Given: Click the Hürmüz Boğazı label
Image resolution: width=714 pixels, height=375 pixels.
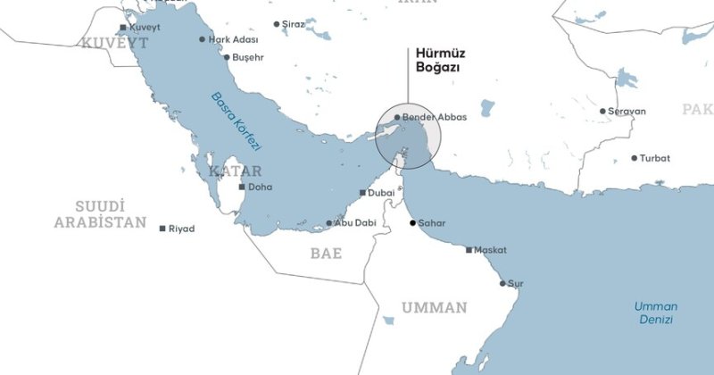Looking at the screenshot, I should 440,60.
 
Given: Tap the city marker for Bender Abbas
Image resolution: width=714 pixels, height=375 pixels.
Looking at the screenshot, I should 397,117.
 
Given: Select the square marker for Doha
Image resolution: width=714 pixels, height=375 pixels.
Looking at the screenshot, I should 242,187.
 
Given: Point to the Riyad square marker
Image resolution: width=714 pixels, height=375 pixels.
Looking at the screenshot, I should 162,229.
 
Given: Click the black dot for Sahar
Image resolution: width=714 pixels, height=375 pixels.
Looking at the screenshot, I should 412,222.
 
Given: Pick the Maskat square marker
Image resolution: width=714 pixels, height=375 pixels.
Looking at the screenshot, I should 469,250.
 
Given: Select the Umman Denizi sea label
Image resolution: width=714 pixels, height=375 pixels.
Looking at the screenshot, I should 655,312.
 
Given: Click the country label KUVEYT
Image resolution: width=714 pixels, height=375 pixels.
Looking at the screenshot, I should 112,43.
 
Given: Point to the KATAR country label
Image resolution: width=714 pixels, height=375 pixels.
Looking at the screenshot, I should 235,171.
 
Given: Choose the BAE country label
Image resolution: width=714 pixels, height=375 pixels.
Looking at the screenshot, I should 326,254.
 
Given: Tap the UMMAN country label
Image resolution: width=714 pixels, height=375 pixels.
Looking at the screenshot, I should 434,308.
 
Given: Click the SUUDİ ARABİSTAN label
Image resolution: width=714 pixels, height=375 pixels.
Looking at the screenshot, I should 99,214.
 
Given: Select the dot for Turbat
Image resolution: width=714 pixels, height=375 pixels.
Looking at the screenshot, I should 635,158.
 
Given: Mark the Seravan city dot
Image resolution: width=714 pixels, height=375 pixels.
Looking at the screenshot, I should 602,112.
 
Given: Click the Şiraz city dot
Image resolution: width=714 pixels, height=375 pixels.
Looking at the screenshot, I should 276,24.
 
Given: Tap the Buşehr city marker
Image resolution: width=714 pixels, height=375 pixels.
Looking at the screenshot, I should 227,57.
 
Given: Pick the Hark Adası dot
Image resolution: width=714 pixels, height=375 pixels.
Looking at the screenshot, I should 203,39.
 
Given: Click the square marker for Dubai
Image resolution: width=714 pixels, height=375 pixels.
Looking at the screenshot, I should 361,193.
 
